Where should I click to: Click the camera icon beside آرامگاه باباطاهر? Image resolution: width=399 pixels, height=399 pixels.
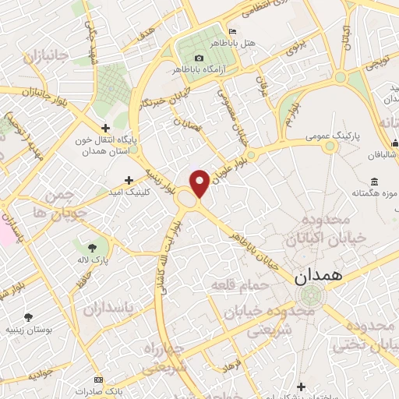tap(199, 58)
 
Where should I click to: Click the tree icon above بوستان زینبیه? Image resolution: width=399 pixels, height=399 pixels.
tap(29, 317)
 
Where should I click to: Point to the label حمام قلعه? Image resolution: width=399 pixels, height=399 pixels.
tap(240, 287)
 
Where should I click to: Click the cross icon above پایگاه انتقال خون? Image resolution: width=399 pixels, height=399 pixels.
tap(106, 129)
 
